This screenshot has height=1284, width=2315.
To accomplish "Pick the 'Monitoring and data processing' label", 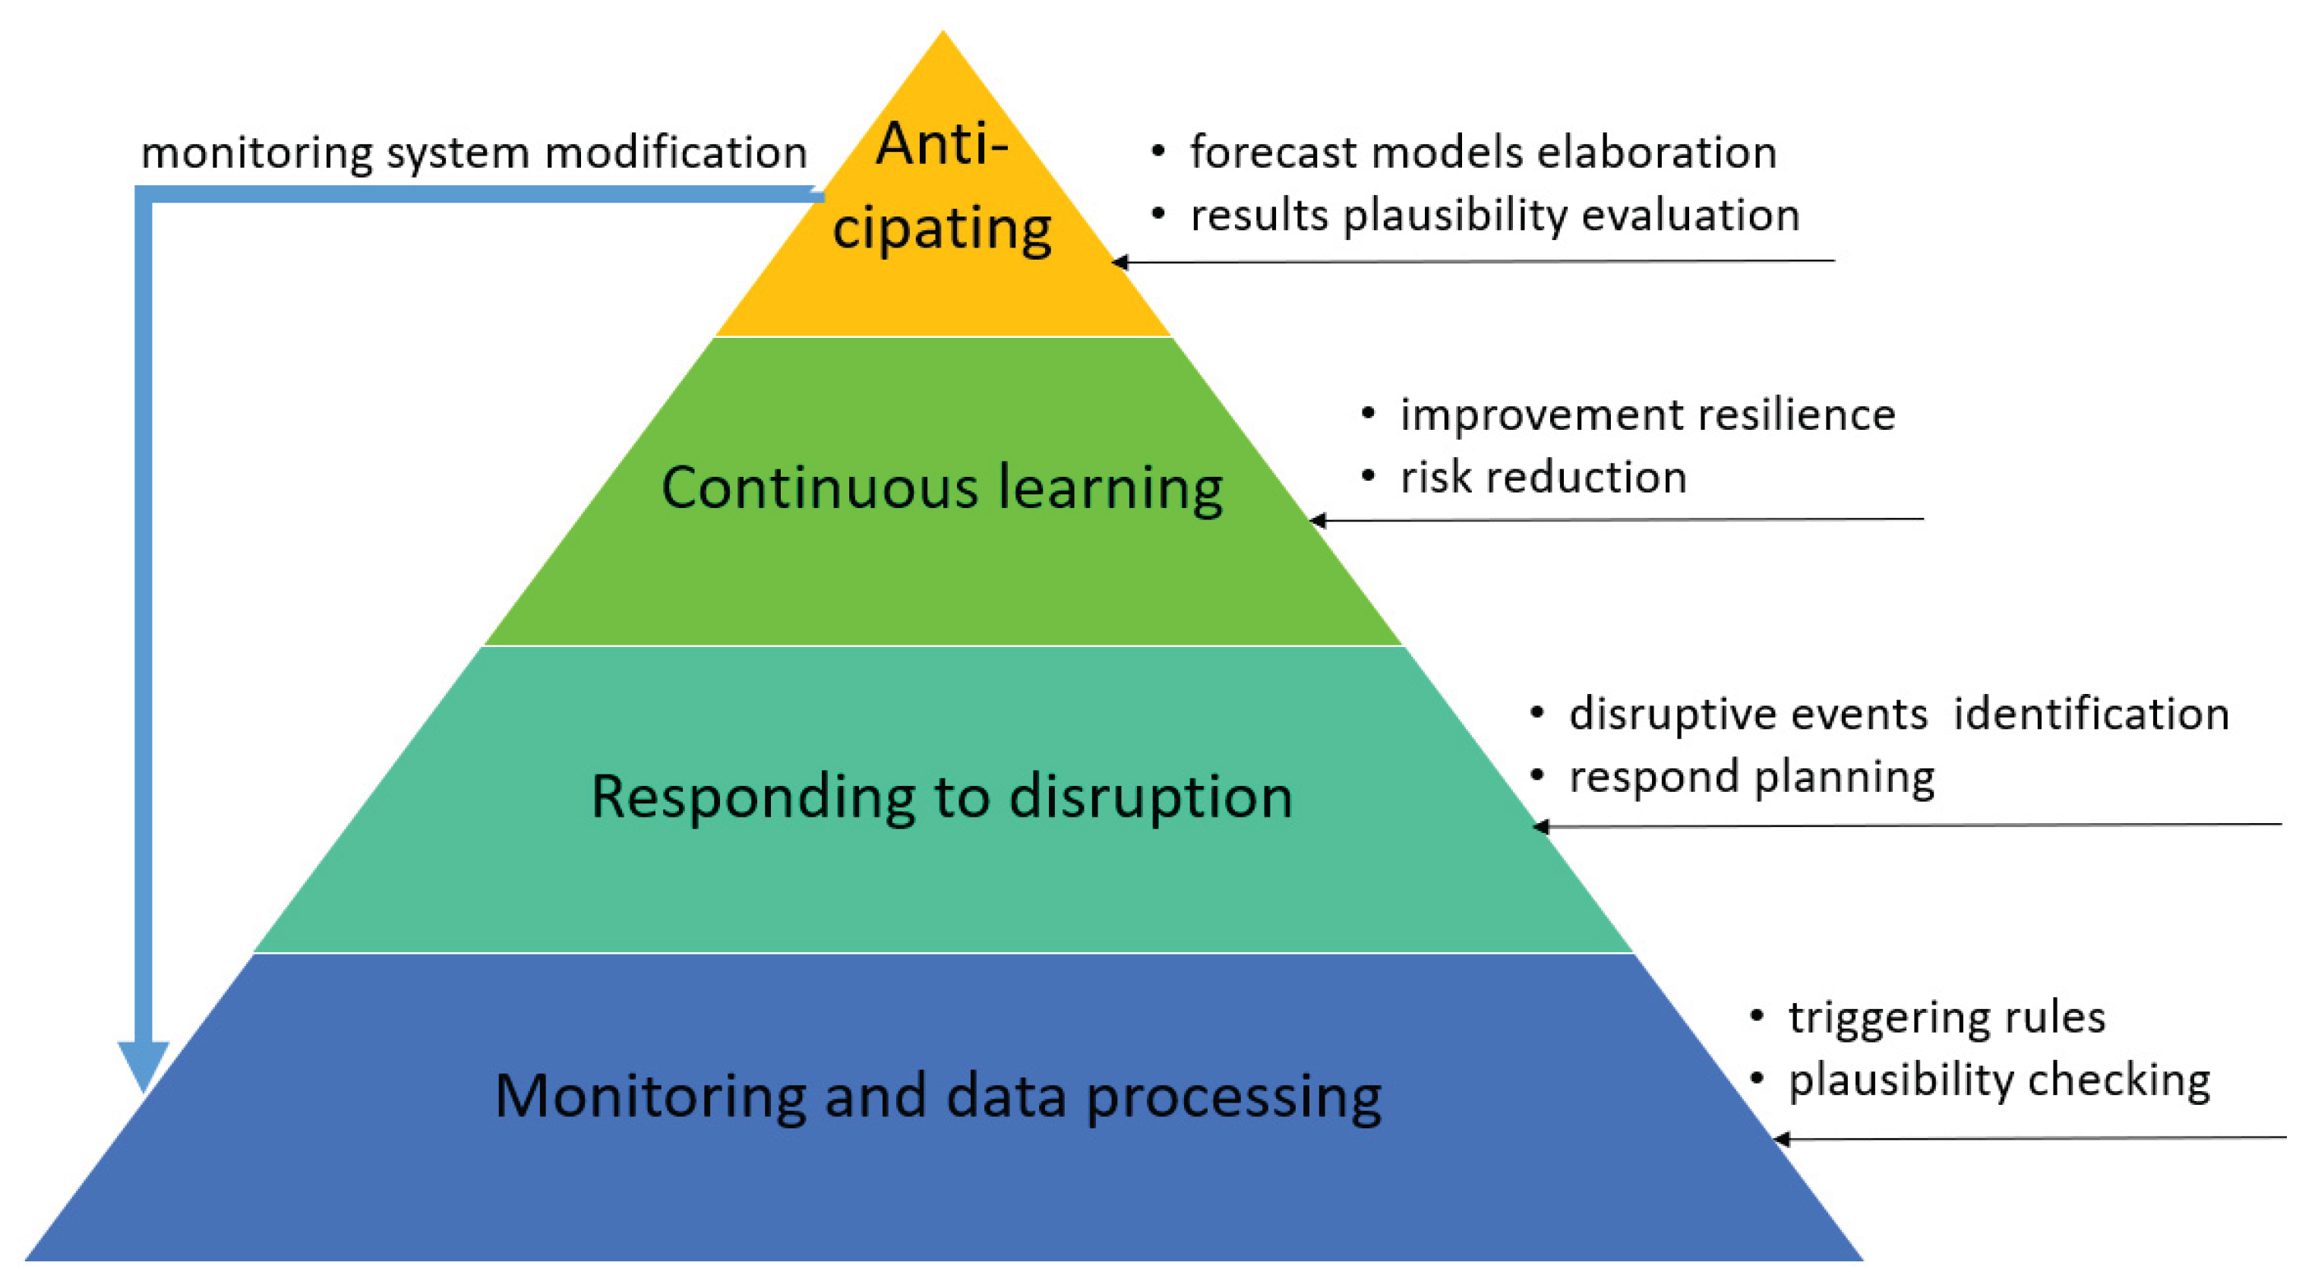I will coord(938,1096).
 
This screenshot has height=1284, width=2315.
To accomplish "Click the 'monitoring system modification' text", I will coord(474,152).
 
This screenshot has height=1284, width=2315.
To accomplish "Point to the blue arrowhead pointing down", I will coord(144,1065).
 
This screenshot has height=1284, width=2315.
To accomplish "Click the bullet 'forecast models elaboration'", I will coord(1483,152).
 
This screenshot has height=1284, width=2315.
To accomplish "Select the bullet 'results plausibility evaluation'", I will coord(1495,216).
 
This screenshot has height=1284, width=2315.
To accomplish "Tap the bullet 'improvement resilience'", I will coord(1647,415).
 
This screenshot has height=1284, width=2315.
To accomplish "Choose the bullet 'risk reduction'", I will coord(1543,477).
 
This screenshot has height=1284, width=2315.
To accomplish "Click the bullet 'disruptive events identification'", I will coord(1899,715).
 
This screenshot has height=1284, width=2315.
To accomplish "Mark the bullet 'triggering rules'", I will coord(1947,1017).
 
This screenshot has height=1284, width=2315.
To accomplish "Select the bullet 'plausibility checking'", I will coord(1999,1080).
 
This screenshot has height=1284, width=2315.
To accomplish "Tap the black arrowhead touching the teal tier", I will coord(1540,827).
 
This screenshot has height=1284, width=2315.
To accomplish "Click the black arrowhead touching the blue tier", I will coord(1781,1139).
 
